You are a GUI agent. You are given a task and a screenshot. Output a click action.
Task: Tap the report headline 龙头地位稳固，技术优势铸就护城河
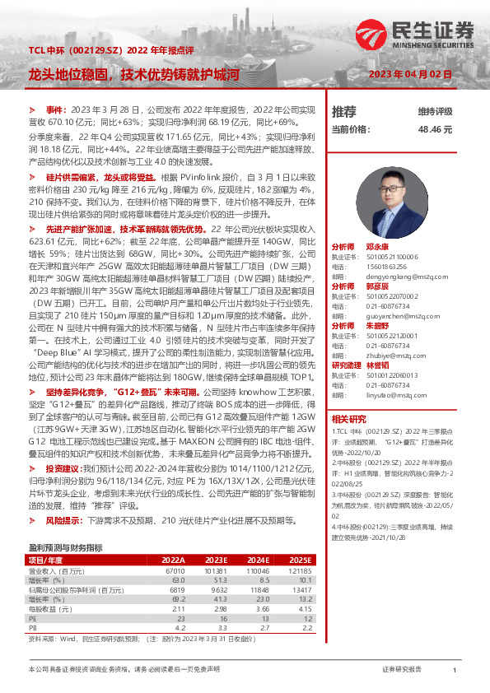pyautogui.click(x=133, y=74)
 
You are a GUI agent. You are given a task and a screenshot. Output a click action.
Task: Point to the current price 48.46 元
pyautogui.click(x=435, y=130)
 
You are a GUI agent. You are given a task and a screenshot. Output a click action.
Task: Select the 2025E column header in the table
pyautogui.click(x=301, y=559)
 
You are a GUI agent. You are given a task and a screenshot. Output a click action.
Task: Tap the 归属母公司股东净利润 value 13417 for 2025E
pyautogui.click(x=301, y=589)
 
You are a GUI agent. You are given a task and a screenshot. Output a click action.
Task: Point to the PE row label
pyautogui.click(x=34, y=617)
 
